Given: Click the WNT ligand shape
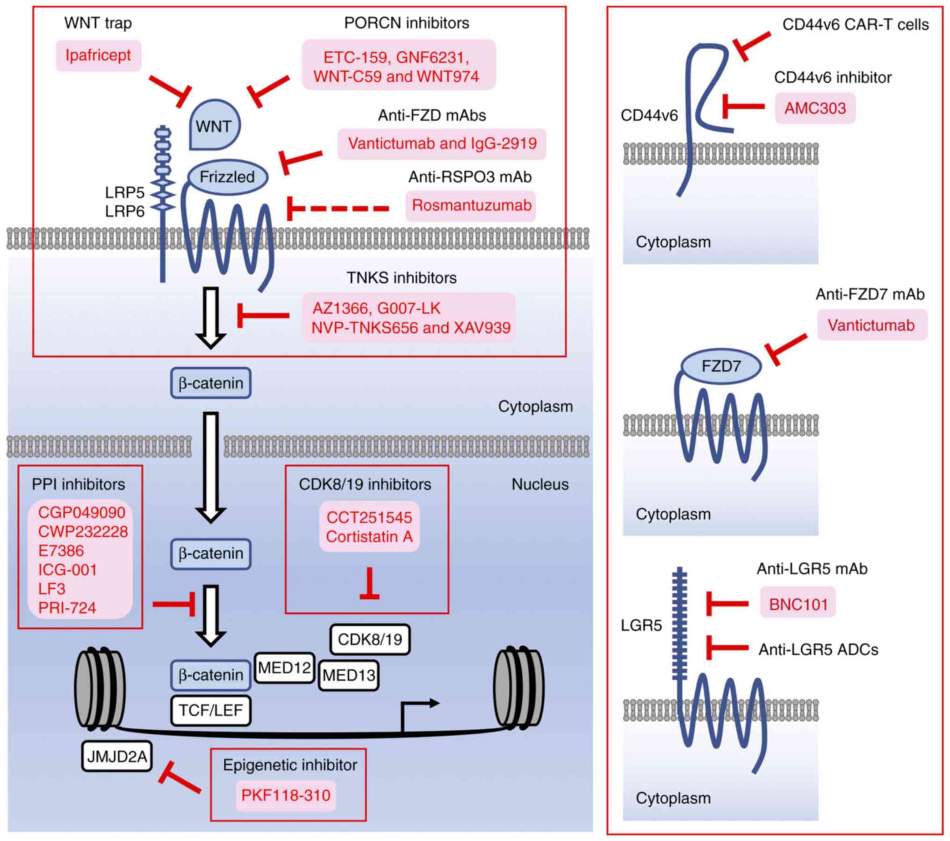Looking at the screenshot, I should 214,125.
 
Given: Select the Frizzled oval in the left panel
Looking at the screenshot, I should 227,177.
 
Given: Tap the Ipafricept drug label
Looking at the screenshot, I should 98,56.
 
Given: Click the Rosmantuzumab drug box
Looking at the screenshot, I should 471,206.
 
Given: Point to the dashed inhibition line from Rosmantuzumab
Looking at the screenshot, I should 339,208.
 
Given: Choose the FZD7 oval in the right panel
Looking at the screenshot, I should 720,366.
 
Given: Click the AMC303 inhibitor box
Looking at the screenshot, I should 815,108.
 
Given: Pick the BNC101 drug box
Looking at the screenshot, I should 798,604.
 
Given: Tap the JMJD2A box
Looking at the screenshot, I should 117,756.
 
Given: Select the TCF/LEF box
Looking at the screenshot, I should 211,711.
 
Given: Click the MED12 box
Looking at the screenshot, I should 284,668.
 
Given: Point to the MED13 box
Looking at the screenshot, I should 349,675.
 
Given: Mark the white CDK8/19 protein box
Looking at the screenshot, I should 370,640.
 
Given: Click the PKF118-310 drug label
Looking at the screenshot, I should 286,795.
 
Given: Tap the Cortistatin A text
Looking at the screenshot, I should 369,537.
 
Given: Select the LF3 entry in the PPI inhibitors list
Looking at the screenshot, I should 52,589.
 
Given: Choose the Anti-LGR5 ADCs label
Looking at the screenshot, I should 818,649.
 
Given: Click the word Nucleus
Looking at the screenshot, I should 540,484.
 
